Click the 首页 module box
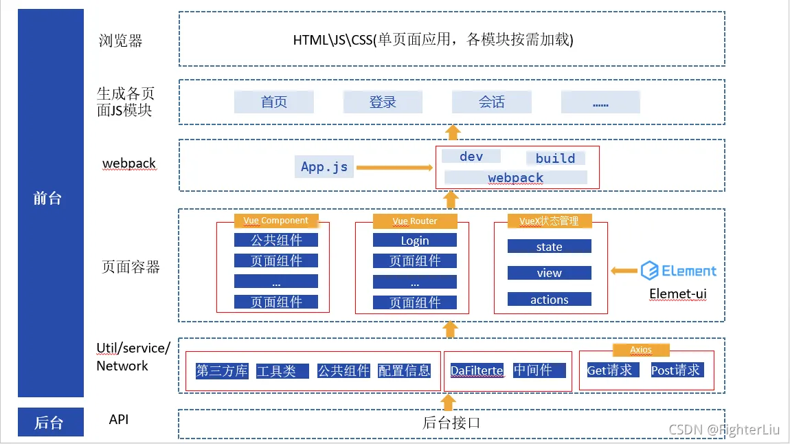pyautogui.click(x=274, y=102)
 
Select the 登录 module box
pyautogui.click(x=383, y=102)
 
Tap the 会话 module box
pyautogui.click(x=491, y=102)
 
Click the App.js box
pyautogui.click(x=324, y=167)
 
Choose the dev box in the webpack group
pyautogui.click(x=471, y=157)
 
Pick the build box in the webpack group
pyautogui.click(x=555, y=158)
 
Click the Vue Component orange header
pyautogui.click(x=275, y=221)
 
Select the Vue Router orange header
pyautogui.click(x=415, y=221)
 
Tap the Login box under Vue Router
pyautogui.click(x=415, y=241)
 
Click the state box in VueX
pyautogui.click(x=550, y=247)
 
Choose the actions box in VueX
pyautogui.click(x=550, y=300)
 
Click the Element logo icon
pyautogui.click(x=649, y=271)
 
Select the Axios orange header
pyautogui.click(x=641, y=350)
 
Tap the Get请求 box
pyautogui.click(x=609, y=370)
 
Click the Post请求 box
pyautogui.click(x=676, y=370)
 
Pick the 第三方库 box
pyautogui.click(x=222, y=371)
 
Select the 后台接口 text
pyautogui.click(x=451, y=423)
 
